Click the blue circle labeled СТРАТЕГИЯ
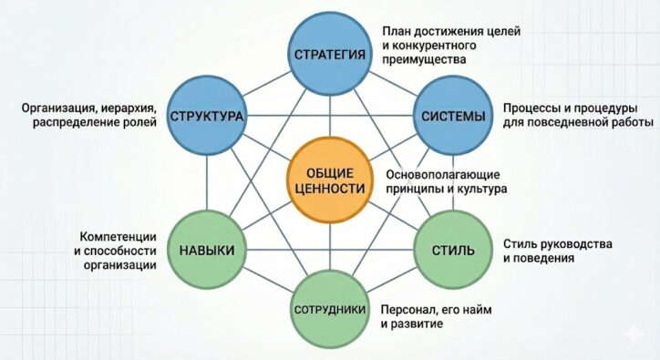coord(331,55)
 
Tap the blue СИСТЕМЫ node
coord(455,118)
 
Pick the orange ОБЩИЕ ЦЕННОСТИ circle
coord(329,178)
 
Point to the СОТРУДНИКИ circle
coord(330,310)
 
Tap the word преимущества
coord(424,59)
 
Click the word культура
coord(480,189)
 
